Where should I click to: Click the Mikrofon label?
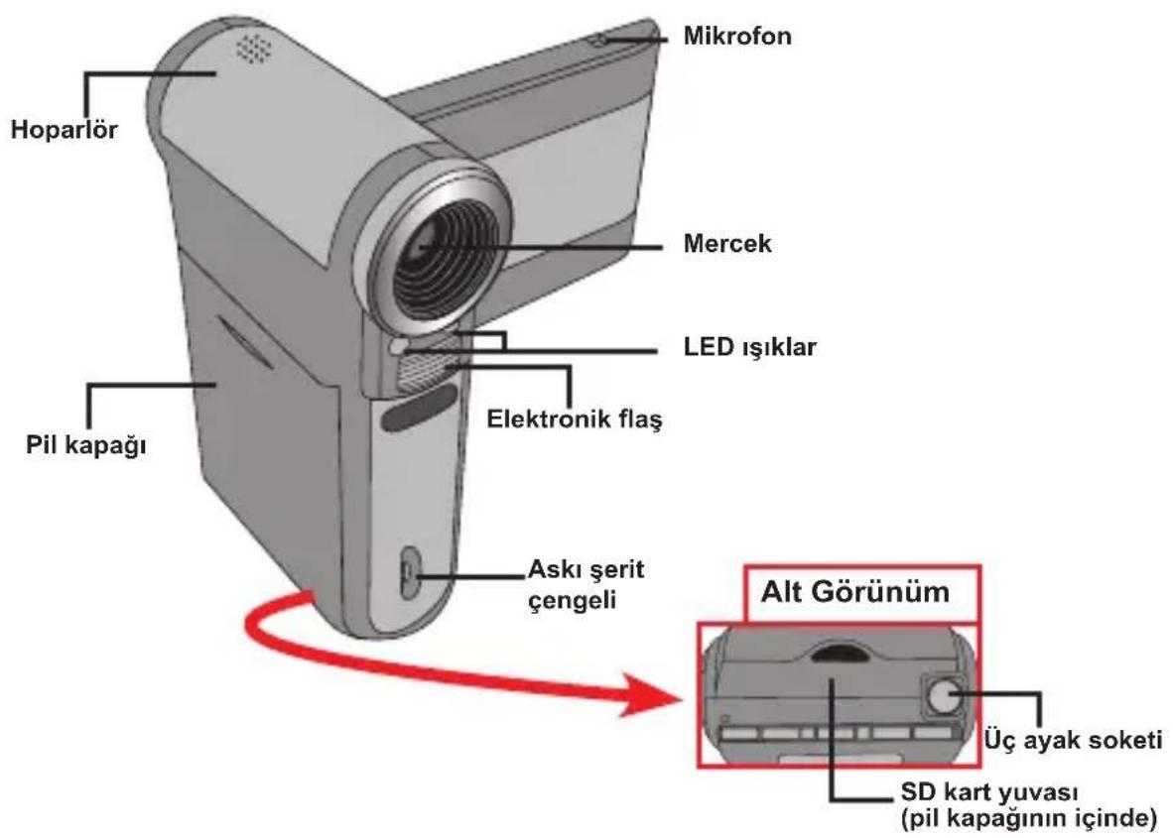pos(737,36)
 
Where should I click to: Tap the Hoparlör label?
pos(65,129)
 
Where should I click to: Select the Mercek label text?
pos(727,243)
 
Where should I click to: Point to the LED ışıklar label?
pos(749,347)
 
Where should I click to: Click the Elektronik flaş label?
pos(575,419)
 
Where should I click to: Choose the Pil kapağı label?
pos(86,445)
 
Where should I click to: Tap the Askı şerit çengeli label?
pos(586,584)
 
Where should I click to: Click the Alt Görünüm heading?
pos(855,592)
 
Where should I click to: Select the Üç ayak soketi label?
pos(1073,740)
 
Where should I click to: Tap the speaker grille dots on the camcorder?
pos(253,48)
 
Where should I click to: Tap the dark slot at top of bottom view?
pos(840,652)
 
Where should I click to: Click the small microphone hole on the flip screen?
pos(600,39)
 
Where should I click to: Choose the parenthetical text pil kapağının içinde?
pos(1029,818)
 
